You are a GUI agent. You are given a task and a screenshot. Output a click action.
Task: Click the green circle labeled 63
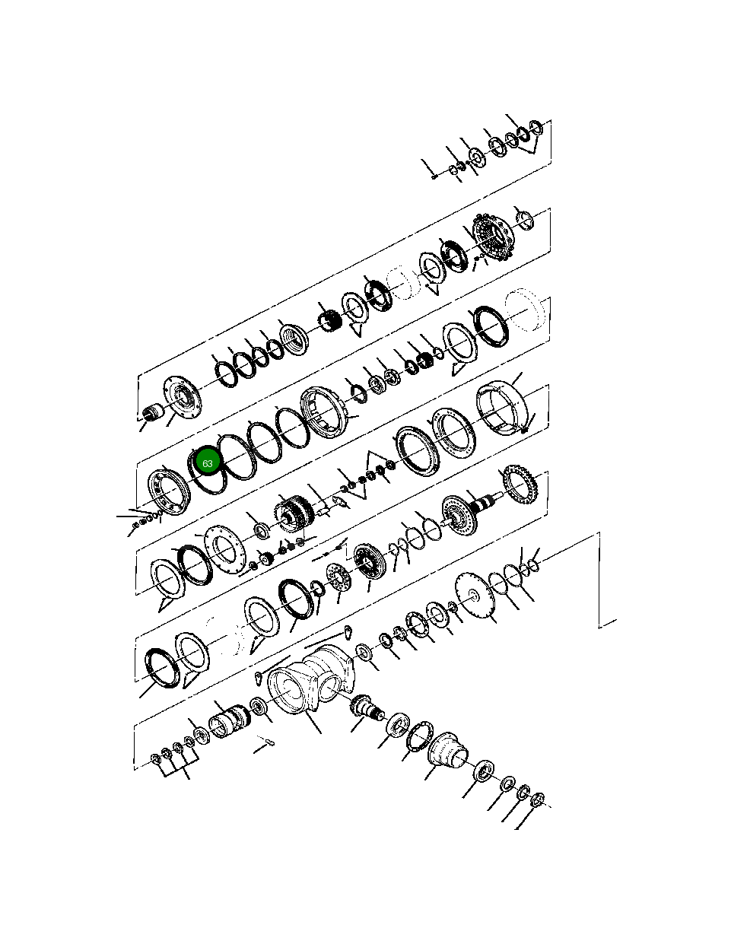pyautogui.click(x=207, y=462)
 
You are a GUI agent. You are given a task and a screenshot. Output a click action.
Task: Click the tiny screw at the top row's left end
pyautogui.click(x=433, y=176)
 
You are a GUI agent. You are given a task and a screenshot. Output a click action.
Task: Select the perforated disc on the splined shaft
pyautogui.click(x=458, y=515)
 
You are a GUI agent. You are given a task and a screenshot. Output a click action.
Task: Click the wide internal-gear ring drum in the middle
pyautogui.click(x=326, y=413)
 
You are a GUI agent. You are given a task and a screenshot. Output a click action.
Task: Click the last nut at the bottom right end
pyautogui.click(x=537, y=799)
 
